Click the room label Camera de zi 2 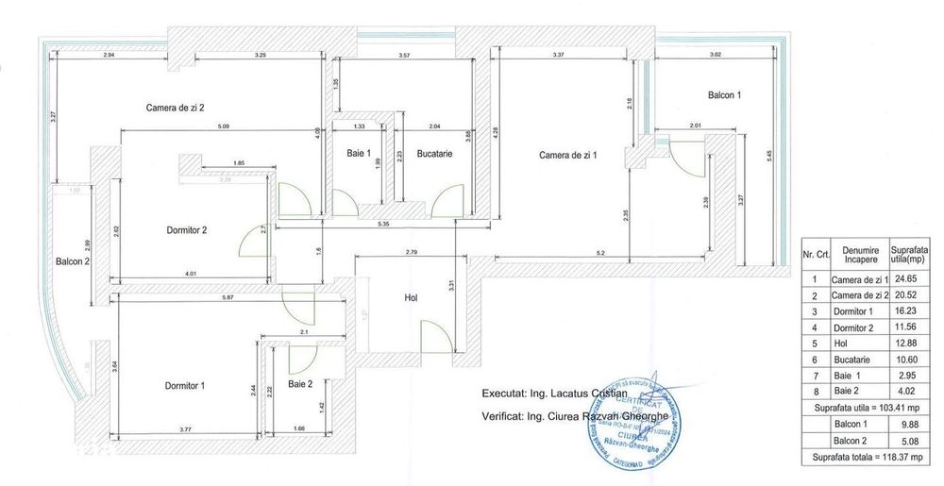pos(176,107)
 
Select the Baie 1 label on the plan pos(359,153)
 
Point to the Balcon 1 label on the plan pos(725,95)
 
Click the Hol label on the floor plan pos(411,297)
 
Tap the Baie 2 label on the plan pos(301,383)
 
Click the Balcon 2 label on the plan pos(72,261)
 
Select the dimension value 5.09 pos(224,126)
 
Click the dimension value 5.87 pos(222,298)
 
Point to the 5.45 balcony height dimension pos(770,153)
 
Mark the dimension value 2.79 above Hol pos(412,253)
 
